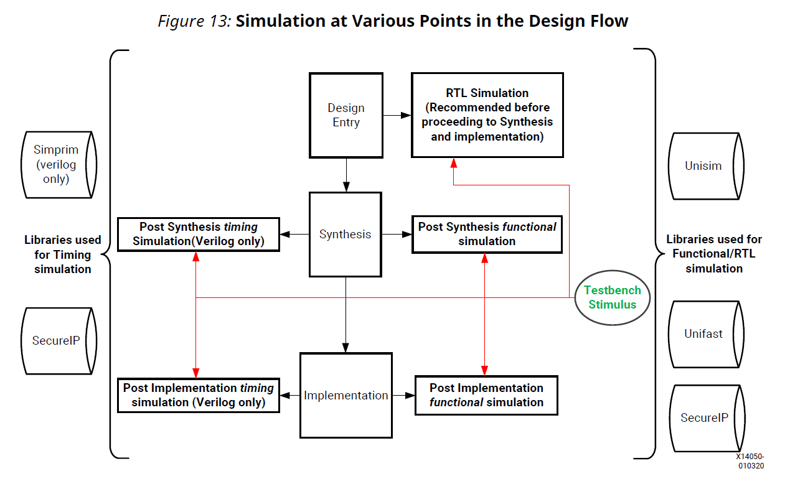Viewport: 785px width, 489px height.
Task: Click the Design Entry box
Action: coord(346,115)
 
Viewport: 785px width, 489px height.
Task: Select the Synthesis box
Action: coord(345,235)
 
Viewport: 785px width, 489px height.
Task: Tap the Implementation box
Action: coord(346,396)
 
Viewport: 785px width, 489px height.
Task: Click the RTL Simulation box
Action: coord(487,115)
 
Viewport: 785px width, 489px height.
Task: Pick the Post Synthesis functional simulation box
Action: coord(487,234)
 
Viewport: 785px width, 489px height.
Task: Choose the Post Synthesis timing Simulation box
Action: coord(199,234)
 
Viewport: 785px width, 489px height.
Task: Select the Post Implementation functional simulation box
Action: coord(486,395)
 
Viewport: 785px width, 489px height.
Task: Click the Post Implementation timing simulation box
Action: coord(199,395)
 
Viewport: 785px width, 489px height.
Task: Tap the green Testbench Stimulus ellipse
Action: coord(613,297)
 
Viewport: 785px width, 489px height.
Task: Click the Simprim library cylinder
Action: coord(57,164)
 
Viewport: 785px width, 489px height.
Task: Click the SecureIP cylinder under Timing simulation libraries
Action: coord(57,340)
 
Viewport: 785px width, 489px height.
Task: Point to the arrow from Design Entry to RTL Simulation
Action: coord(397,115)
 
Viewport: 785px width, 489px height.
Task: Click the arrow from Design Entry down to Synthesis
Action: coord(346,175)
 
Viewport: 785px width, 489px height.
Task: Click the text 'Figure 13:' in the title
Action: coord(194,21)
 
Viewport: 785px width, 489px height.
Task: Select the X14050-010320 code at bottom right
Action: coord(751,461)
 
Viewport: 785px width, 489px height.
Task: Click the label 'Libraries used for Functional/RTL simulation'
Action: coord(714,254)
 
